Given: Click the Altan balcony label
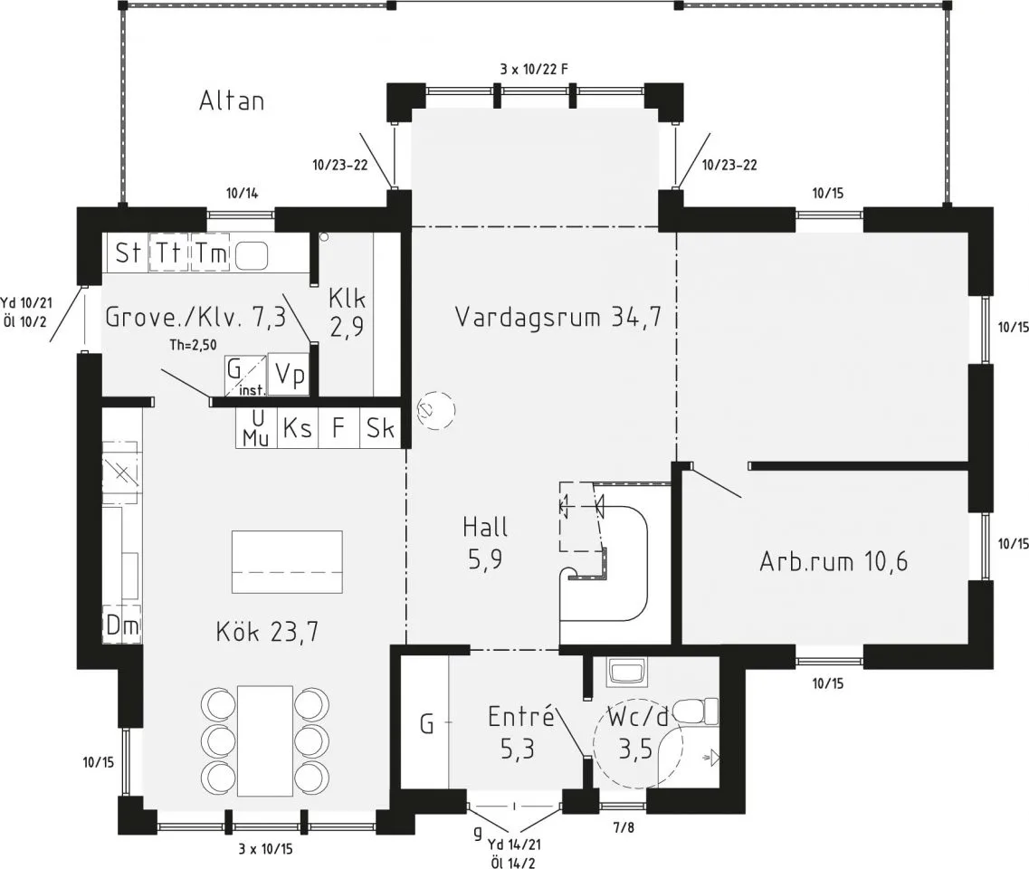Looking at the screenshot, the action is (232, 101).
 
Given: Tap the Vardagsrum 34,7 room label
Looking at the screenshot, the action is (557, 317).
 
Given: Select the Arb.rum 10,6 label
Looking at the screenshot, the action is (834, 562).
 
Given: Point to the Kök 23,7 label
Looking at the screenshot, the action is (267, 632).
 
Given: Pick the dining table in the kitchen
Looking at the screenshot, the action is (265, 740).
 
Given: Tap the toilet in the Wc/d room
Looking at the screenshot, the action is (697, 712).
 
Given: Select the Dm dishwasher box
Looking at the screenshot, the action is (123, 626).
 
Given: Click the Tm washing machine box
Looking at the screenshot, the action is (210, 252).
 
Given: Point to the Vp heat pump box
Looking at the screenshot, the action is (289, 375).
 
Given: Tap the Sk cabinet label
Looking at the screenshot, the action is (380, 428).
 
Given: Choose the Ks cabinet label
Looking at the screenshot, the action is (297, 428).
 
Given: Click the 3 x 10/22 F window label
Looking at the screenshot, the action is (534, 69).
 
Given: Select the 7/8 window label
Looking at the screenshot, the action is (624, 827).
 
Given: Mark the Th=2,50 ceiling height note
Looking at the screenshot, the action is (193, 345).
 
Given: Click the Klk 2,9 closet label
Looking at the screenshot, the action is (348, 312).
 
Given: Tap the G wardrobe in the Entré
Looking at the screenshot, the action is (425, 722).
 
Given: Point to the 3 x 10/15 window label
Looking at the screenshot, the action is (265, 849).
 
